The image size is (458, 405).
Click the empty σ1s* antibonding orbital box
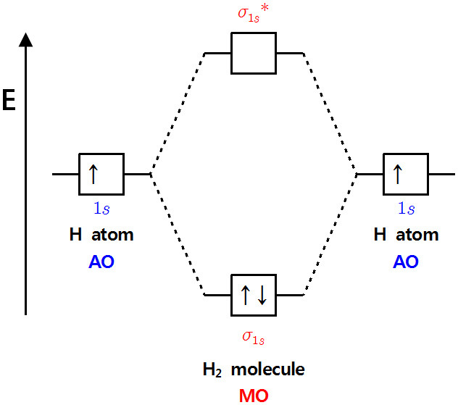coord(253,53)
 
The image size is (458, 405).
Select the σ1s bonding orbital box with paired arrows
coord(253,296)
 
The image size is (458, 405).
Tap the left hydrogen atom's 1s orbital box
coord(101,175)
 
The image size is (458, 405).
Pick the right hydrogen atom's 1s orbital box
coord(406,175)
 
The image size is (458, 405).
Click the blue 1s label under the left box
coord(101,209)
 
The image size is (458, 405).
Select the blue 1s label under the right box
coord(406,209)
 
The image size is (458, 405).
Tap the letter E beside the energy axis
coord(9,101)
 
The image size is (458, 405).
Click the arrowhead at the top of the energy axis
coord(26,39)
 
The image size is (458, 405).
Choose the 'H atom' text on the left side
coord(101,235)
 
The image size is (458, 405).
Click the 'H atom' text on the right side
coord(406,235)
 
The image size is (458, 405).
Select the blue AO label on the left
coord(101,262)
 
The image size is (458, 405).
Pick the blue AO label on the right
coord(406,262)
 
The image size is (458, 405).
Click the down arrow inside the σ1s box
coord(262,296)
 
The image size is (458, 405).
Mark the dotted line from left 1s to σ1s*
coord(178,114)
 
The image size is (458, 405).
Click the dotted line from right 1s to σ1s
coord(330,235)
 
